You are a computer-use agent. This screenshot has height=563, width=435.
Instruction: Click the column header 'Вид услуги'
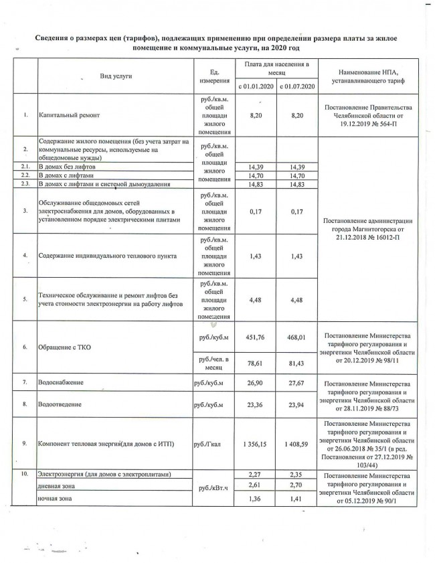click(x=116, y=76)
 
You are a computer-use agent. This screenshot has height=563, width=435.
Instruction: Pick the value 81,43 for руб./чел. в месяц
click(x=296, y=365)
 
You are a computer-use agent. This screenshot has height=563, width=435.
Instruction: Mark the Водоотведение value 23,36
click(x=254, y=406)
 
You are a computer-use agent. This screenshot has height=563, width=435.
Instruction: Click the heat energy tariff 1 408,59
click(x=296, y=443)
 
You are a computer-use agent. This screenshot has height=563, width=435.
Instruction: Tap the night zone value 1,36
click(x=254, y=499)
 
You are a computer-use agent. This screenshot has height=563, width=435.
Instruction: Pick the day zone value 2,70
click(x=296, y=486)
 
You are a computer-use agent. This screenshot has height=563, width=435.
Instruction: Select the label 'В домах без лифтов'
click(x=68, y=165)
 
